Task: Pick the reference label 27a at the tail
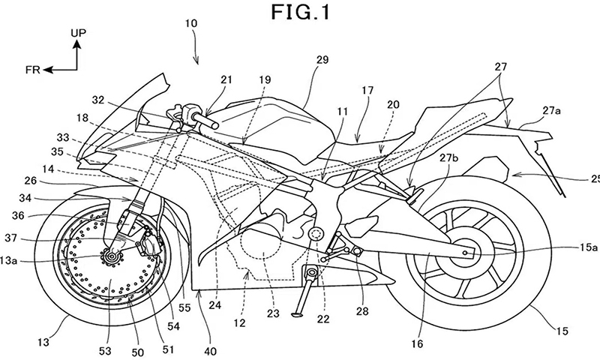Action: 550,110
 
